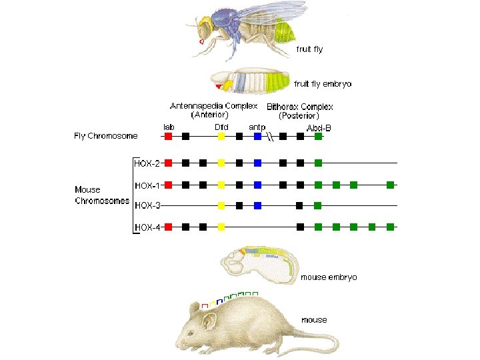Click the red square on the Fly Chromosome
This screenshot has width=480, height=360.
pos(168,136)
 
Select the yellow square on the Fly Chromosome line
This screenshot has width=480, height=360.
pos(221,136)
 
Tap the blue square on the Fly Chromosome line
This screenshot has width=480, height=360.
pos(257,136)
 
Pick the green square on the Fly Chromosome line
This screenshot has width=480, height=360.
pos(318,136)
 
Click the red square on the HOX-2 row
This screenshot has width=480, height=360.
pos(168,162)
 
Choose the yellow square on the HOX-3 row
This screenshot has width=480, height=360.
pos(221,205)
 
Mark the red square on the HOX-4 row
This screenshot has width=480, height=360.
pos(168,227)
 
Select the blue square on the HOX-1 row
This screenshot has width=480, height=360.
pos(257,184)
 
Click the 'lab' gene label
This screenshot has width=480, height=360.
pos(169,127)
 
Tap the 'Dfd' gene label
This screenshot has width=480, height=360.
pos(222,127)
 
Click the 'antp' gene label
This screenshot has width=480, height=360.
pos(256,127)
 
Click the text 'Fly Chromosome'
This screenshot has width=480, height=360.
pos(105,136)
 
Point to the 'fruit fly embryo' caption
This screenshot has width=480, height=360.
pos(323,84)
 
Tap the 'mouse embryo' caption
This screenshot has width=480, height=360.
pos(329,277)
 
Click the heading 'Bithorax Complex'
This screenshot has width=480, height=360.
pos(299,107)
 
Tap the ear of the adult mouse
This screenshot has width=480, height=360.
pos(209,323)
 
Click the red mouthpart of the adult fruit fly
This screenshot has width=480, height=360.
pos(201,41)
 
